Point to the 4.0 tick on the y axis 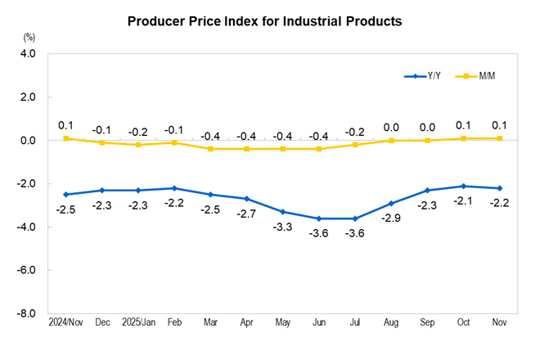[x=27, y=54]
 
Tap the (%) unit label [x=29, y=38]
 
